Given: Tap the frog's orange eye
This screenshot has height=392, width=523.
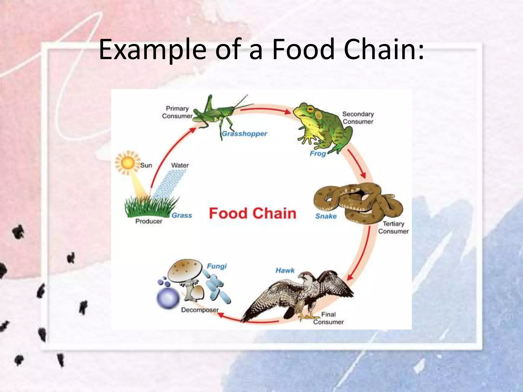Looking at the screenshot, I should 310,110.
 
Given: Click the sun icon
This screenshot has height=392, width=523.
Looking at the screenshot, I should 128,163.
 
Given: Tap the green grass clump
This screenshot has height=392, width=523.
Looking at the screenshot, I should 148,207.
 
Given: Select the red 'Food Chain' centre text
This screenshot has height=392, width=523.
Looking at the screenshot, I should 252,213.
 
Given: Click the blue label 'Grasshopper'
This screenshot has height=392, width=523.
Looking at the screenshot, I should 244,134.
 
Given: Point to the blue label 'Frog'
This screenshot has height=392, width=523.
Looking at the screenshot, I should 318,153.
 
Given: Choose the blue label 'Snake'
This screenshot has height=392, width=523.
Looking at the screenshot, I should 326,216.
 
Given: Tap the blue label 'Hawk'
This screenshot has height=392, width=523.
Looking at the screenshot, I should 285,270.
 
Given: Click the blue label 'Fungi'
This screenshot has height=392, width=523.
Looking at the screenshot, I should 217,266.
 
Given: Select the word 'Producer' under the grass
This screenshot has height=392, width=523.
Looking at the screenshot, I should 149,221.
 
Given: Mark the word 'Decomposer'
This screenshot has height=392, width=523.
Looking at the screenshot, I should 200,310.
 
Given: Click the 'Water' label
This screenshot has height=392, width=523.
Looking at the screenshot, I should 180,165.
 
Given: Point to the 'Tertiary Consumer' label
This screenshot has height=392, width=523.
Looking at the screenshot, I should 393,227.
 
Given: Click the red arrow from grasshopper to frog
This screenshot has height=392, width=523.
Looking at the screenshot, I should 266,110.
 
